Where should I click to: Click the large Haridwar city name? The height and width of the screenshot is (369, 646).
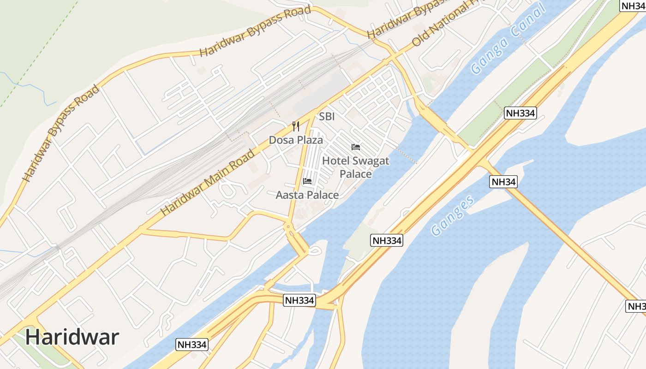72,337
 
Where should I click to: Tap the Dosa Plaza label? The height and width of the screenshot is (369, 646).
296,140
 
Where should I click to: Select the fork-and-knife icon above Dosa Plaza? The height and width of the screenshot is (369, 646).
296,126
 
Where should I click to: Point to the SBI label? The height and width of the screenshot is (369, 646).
327,117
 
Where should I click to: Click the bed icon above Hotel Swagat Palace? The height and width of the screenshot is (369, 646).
356,147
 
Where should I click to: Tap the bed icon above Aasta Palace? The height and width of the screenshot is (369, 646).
307,181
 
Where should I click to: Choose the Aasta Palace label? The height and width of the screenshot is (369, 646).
307,195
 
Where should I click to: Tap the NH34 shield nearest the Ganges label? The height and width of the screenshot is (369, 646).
503,182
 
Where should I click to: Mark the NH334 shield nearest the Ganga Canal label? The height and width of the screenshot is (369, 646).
520,113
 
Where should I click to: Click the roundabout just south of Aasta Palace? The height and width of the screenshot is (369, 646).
289,226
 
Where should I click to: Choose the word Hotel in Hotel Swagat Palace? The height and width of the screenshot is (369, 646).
336,161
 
